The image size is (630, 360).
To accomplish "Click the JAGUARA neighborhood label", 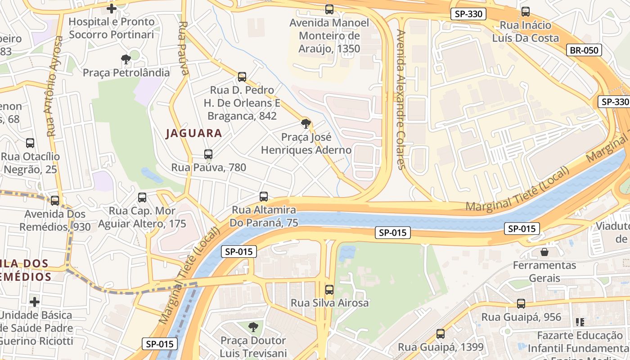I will pos(194,133).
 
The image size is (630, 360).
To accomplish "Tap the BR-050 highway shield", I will pos(585,50).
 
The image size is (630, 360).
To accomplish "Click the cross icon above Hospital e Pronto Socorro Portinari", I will pos(112,8).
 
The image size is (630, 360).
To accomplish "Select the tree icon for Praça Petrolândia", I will pos(126,59).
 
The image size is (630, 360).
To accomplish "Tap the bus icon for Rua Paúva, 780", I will pos(208,154).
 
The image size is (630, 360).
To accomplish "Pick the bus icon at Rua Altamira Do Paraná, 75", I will pos(264,197).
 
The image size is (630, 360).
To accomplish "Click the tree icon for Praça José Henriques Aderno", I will pos(306,123).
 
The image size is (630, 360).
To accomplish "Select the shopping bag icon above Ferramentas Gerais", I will pos(544,252).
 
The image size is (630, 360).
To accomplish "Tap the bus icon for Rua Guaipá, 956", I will pos(521,304).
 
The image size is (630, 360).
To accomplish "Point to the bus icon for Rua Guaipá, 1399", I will pos(441,334).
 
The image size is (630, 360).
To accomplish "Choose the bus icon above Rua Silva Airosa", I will pos(329,290).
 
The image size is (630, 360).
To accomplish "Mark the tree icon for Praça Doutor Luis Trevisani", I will pos(253,327).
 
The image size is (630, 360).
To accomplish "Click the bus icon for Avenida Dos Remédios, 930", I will pos(55,200).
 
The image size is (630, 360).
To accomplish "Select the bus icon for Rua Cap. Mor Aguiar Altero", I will pos(142,198).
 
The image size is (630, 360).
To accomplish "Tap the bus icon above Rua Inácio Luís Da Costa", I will pos(525,12).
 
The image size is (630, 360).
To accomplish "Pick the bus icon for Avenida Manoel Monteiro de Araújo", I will pos(329,9).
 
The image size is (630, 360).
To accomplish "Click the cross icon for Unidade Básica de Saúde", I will pos(35,301).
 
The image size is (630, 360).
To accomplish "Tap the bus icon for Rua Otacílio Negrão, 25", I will pos(30,143).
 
